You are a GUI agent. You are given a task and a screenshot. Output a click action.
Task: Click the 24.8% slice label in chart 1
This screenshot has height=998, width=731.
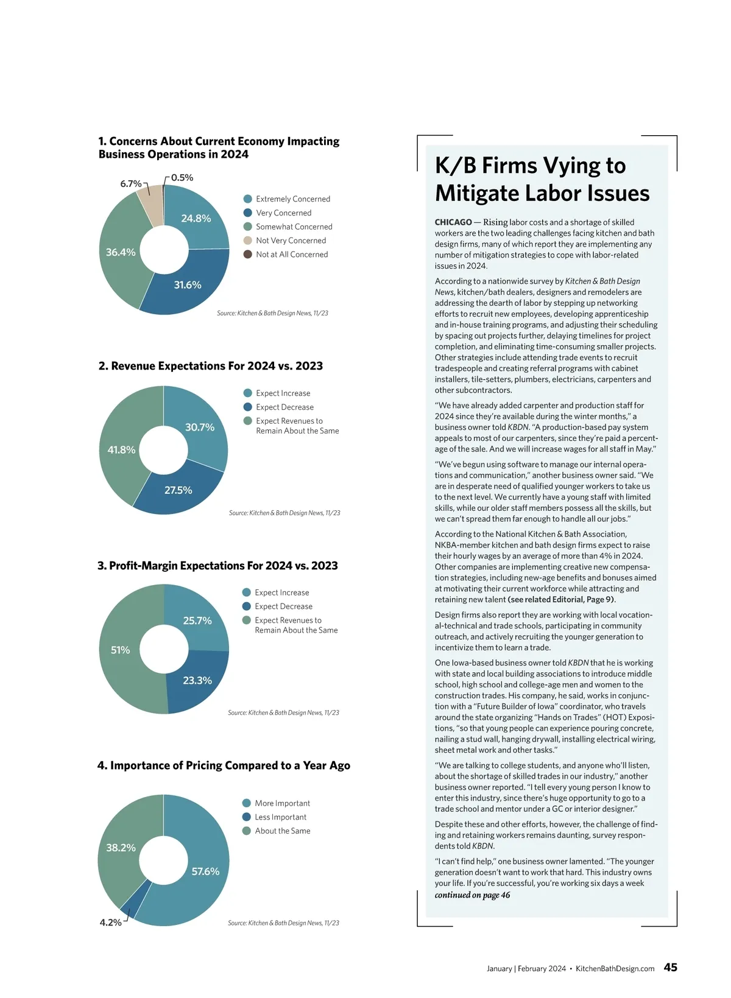[x=196, y=219]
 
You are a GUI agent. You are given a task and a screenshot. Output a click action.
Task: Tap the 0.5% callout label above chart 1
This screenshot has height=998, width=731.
[x=182, y=178]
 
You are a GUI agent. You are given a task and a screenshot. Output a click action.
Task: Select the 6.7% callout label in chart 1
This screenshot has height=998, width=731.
[x=131, y=184]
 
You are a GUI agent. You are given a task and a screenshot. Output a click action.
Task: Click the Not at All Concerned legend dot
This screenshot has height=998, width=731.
[x=248, y=255]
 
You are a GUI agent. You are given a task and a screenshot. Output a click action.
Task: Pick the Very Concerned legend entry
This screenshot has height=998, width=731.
[x=283, y=213]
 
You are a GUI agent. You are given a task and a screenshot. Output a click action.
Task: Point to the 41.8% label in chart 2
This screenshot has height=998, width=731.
[x=121, y=450]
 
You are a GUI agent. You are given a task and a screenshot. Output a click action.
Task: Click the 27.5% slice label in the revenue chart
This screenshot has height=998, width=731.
[x=178, y=490]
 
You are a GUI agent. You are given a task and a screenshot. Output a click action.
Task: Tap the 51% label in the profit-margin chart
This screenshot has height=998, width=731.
[x=120, y=650]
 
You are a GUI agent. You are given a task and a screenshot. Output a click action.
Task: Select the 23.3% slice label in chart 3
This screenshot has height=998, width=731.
[x=197, y=681]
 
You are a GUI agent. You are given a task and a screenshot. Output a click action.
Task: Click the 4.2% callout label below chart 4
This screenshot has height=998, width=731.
[x=110, y=922]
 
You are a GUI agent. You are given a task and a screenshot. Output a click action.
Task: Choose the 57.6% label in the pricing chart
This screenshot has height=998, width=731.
[x=205, y=872]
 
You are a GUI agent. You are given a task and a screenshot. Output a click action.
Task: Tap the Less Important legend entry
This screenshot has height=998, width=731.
[x=280, y=817]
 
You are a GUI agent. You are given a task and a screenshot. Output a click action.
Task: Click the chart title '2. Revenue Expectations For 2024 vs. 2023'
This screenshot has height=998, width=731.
[x=211, y=366]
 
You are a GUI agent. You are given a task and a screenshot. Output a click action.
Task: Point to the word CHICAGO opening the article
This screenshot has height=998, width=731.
[x=453, y=222]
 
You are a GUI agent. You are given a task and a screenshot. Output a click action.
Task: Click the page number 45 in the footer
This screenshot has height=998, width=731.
[x=670, y=968]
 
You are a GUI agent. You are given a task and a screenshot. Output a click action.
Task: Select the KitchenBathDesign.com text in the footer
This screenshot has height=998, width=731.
[x=615, y=969]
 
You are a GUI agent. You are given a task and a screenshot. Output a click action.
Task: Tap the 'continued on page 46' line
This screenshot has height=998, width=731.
[x=472, y=895]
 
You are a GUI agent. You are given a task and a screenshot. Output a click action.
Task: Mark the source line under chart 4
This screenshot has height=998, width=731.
[x=283, y=923]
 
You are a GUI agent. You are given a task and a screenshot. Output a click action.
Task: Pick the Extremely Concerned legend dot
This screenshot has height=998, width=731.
[x=248, y=199]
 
